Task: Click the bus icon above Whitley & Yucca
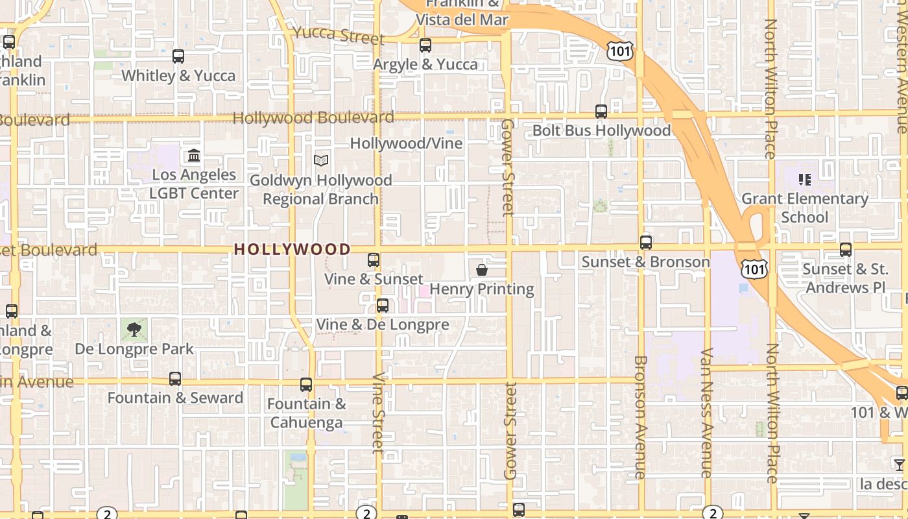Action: (178, 56)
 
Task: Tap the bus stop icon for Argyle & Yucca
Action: (425, 45)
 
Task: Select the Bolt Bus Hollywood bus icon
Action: (601, 112)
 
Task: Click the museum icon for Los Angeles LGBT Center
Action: (194, 156)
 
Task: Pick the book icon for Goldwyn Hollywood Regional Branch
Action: (321, 160)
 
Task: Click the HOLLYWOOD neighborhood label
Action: (292, 249)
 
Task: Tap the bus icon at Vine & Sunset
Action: (374, 260)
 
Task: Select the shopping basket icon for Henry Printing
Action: (482, 270)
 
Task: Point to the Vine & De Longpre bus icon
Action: (383, 306)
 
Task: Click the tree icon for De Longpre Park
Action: (134, 330)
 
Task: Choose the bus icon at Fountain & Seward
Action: (175, 379)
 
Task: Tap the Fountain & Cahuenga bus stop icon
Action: (306, 385)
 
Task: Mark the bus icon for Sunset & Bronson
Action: (646, 243)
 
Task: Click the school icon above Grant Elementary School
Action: (805, 180)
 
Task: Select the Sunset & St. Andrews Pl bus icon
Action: (846, 249)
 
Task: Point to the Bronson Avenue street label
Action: (640, 417)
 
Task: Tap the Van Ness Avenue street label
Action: (706, 413)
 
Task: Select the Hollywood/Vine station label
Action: (407, 143)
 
